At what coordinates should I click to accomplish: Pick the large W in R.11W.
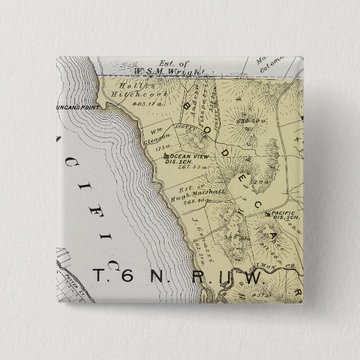(x=252, y=278)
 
